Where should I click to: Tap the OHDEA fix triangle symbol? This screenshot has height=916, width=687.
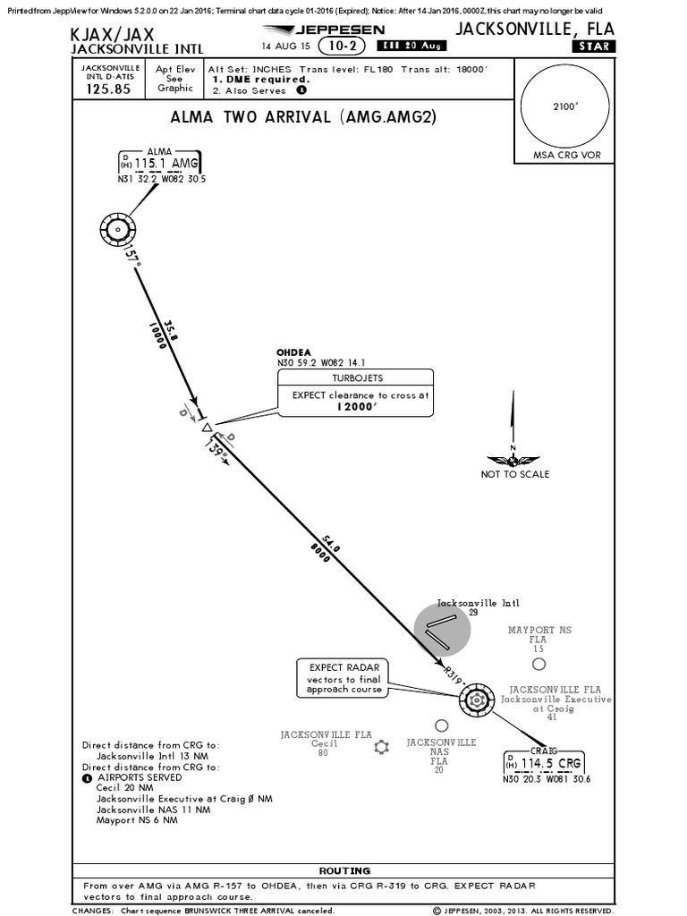point(207,428)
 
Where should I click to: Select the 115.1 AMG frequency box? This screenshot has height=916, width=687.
point(159,163)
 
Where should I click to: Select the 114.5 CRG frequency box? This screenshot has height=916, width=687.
point(546,763)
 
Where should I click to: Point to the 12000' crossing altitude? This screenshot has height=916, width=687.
point(355,405)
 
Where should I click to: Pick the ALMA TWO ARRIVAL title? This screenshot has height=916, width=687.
point(302,117)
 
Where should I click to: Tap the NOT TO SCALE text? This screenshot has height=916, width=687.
point(515,474)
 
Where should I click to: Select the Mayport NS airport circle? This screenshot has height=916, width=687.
point(538,664)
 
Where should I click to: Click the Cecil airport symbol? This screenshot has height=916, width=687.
point(383,747)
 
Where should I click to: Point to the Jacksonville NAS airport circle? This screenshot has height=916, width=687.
point(441,725)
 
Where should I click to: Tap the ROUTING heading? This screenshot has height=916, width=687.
point(345,870)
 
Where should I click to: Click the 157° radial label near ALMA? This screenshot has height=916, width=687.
point(133,257)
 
